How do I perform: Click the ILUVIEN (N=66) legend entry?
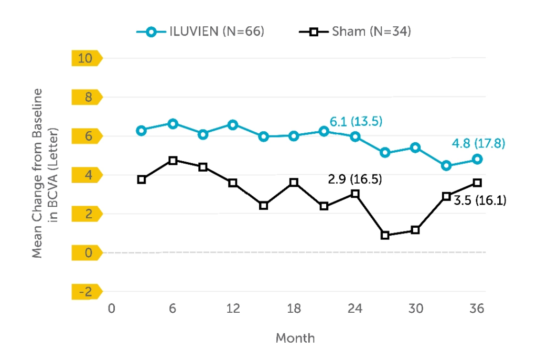click(x=200, y=31)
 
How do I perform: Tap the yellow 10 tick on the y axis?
click(x=85, y=58)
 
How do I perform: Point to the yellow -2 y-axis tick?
click(x=85, y=292)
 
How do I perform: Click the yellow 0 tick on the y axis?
click(x=85, y=253)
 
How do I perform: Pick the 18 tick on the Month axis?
click(x=294, y=309)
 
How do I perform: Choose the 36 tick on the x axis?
click(x=477, y=309)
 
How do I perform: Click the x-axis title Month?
click(x=295, y=338)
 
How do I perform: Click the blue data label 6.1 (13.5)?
click(x=356, y=122)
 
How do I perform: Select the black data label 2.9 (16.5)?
click(x=355, y=179)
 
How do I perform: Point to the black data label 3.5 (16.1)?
click(x=480, y=200)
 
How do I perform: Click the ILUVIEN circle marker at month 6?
click(x=173, y=124)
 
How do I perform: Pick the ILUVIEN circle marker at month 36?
click(x=477, y=159)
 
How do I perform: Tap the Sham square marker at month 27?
click(x=385, y=236)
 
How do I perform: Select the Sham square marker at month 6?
click(x=173, y=161)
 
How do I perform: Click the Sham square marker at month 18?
click(x=294, y=183)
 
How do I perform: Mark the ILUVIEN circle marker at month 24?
click(x=355, y=136)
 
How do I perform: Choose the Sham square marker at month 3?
click(x=142, y=179)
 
